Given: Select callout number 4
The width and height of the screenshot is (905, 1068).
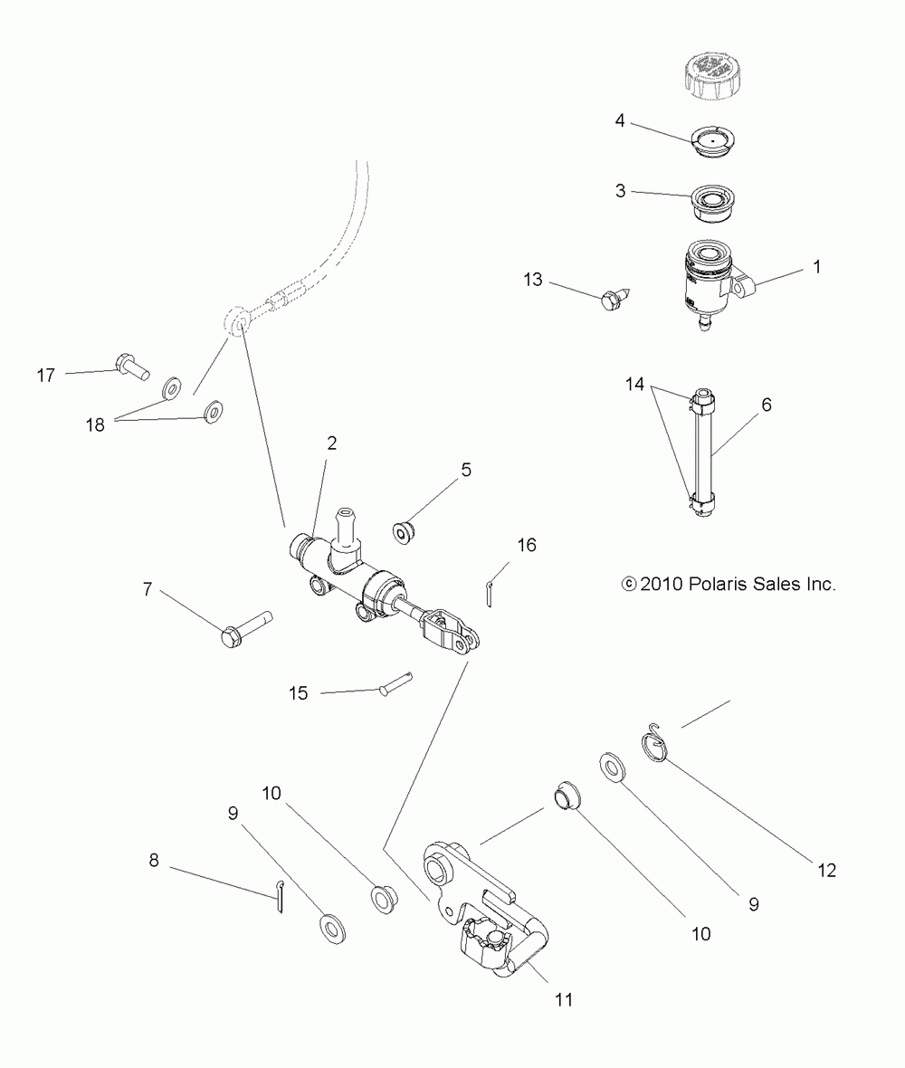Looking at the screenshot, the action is coord(620,120).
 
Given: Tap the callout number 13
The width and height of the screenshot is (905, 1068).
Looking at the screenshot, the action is coord(532,280).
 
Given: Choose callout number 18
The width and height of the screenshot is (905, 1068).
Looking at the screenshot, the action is coord(95,424).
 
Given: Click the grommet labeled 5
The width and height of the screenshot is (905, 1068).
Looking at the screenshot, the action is coord(405,531).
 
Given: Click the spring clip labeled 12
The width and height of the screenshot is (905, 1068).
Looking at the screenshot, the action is coord(656,740).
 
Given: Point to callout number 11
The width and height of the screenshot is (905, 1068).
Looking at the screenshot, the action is coord(564,999).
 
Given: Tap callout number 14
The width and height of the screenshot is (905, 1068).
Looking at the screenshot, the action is coord(634,384).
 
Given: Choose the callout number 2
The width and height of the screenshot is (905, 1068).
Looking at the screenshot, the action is coord(331,443).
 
